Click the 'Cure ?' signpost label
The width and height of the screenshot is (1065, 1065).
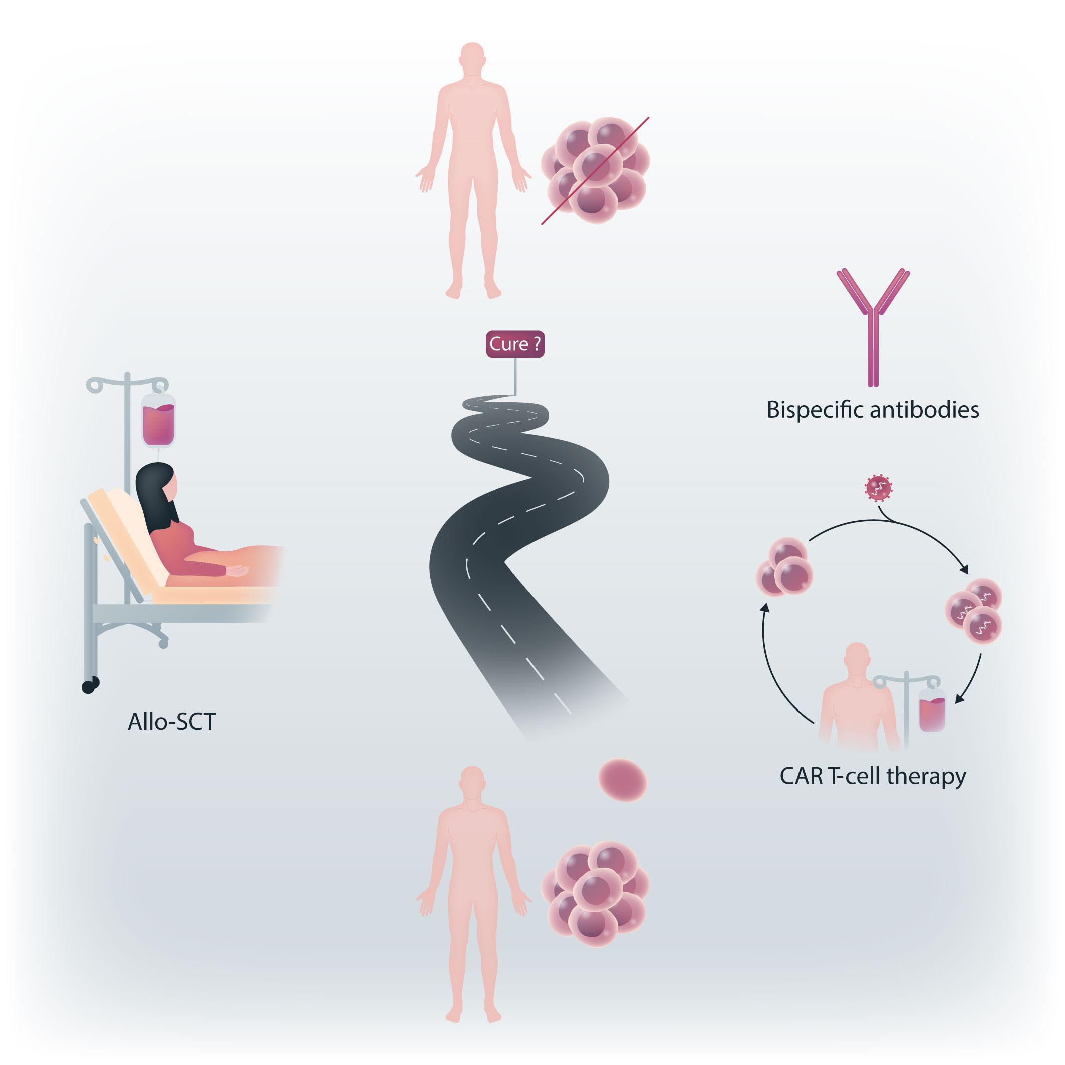[515, 344]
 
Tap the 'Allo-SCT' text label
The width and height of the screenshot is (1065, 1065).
[171, 721]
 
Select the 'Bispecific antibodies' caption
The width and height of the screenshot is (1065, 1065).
[873, 410]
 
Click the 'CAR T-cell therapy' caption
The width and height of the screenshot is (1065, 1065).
[873, 776]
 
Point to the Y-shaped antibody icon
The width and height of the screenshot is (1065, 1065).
[873, 325]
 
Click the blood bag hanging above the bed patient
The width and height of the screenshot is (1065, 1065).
[158, 421]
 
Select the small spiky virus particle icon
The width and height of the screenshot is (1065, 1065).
[878, 488]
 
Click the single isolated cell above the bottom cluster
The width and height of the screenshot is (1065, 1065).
[623, 780]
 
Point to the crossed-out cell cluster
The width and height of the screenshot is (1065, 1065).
[595, 170]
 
